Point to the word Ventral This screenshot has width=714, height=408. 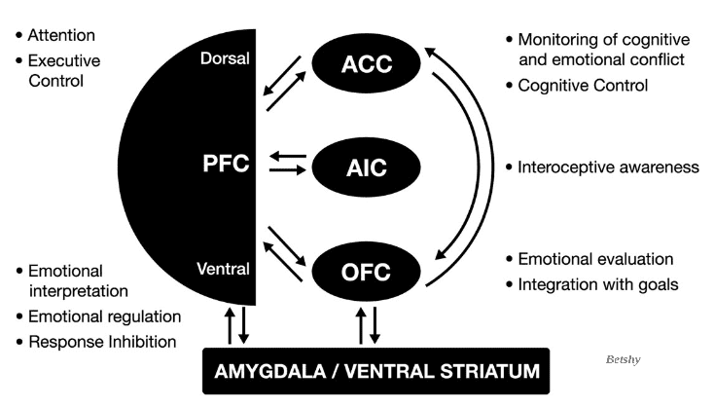226,269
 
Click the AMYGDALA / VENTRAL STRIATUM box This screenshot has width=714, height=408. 375,371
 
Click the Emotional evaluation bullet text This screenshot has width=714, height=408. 595,259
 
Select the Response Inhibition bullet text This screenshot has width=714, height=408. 102,341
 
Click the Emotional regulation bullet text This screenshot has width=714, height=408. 104,316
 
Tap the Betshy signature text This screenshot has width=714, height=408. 622,358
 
